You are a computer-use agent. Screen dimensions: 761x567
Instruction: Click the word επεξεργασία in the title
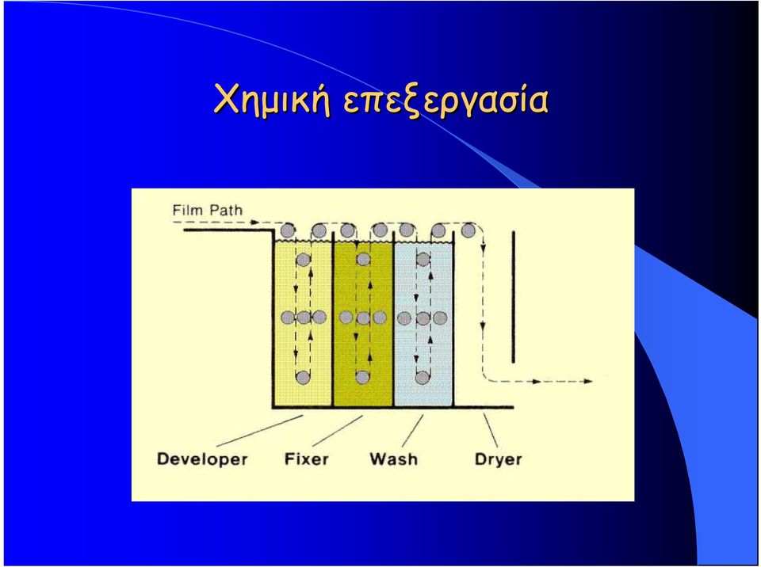[446, 101]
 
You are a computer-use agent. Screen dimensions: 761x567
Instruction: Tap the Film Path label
[207, 211]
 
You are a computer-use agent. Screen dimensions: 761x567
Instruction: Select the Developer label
[202, 459]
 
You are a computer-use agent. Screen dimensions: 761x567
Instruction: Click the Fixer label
[306, 459]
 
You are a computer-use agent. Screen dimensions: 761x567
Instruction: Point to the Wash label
[393, 459]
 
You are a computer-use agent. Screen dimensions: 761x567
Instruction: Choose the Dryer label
[498, 459]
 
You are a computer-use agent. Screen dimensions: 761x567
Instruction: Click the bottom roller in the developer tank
[303, 377]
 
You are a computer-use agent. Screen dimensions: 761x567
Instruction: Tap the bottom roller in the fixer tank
[362, 377]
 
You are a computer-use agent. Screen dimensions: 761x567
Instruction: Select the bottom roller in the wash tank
[423, 377]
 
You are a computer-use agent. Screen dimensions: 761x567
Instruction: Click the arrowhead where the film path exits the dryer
[587, 381]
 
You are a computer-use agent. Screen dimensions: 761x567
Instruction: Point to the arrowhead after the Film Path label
[255, 223]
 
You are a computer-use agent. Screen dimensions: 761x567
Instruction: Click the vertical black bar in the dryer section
[513, 297]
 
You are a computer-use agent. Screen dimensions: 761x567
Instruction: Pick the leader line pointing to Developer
[260, 430]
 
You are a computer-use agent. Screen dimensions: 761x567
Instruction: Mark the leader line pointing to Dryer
[491, 431]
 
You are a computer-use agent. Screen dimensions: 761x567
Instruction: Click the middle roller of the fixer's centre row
[363, 318]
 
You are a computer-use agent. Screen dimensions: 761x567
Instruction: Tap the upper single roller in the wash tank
[423, 260]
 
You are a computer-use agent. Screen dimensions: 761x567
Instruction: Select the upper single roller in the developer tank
[304, 260]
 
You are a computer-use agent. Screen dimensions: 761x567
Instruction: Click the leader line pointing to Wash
[412, 431]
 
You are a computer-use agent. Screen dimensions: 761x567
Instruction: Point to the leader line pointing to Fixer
[338, 430]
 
